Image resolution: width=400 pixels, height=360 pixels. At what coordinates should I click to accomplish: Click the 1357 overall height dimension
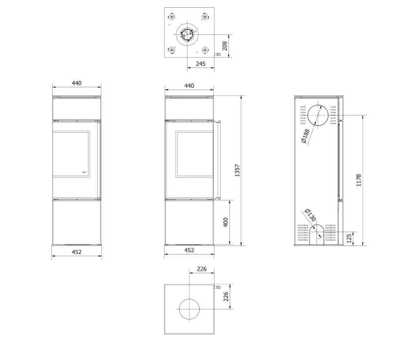pos(237,170)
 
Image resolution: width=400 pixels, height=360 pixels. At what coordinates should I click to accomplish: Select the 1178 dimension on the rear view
pos(358,180)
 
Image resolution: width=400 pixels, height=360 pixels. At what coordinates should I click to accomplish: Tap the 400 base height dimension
pos(226,222)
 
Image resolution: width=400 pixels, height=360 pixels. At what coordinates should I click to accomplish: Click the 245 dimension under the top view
pos(200,64)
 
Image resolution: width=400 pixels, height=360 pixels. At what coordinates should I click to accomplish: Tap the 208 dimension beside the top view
pos(224,46)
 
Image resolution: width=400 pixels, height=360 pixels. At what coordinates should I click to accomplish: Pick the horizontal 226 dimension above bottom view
pos(202,269)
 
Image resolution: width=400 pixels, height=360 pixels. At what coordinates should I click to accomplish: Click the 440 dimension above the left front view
pos(77,83)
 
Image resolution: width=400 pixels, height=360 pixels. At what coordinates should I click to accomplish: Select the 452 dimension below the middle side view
pos(189,250)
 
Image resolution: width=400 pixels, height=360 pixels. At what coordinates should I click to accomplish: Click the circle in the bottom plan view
pos(189,309)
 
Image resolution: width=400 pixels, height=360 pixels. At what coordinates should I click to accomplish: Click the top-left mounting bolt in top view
pos(171,17)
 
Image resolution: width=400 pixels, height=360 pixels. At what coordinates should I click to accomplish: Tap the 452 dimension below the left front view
pos(77,252)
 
